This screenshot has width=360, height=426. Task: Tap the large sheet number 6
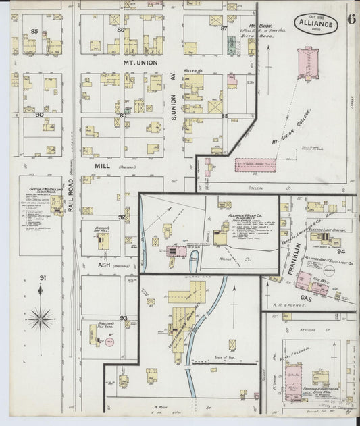[x=351, y=18]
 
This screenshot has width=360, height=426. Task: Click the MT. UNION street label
[x=138, y=63]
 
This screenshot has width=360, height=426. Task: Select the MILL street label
[x=102, y=165]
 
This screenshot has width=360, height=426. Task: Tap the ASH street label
[x=104, y=265]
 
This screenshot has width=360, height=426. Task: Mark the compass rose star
[x=42, y=315]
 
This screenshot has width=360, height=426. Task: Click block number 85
[x=34, y=32]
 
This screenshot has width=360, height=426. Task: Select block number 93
[x=124, y=317]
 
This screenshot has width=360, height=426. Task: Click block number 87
[x=224, y=28]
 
